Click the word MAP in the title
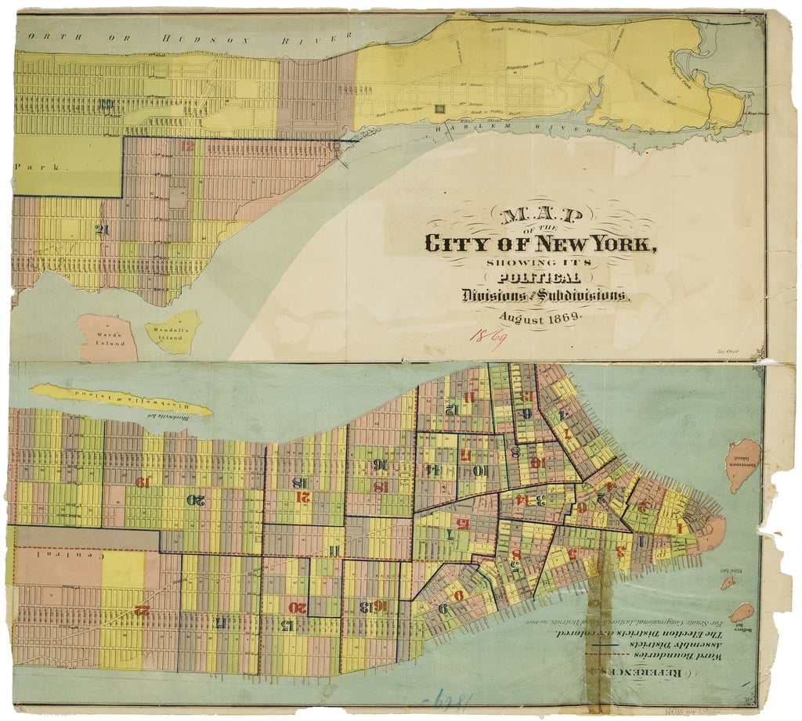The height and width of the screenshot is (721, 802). [x=536, y=217]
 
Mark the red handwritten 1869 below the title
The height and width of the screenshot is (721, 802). [x=487, y=337]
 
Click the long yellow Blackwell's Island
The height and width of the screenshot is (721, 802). [x=121, y=398]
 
